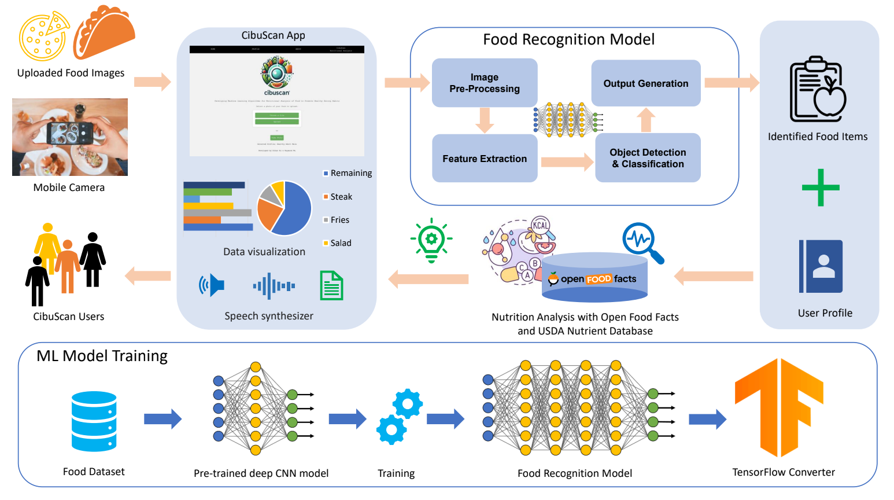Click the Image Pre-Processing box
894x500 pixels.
[485, 83]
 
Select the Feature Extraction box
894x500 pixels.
[485, 159]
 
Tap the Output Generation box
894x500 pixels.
[646, 83]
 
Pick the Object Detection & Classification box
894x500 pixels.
[648, 158]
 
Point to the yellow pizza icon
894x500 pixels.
[44, 36]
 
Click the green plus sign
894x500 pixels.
[821, 187]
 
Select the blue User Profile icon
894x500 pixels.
[821, 266]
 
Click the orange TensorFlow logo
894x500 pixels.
[780, 407]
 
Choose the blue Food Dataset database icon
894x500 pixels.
[94, 421]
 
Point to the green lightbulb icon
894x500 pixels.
[431, 240]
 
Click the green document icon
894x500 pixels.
[331, 285]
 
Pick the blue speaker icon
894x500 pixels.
[212, 285]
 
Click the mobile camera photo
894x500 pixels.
[70, 137]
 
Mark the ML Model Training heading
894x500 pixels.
[102, 356]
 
